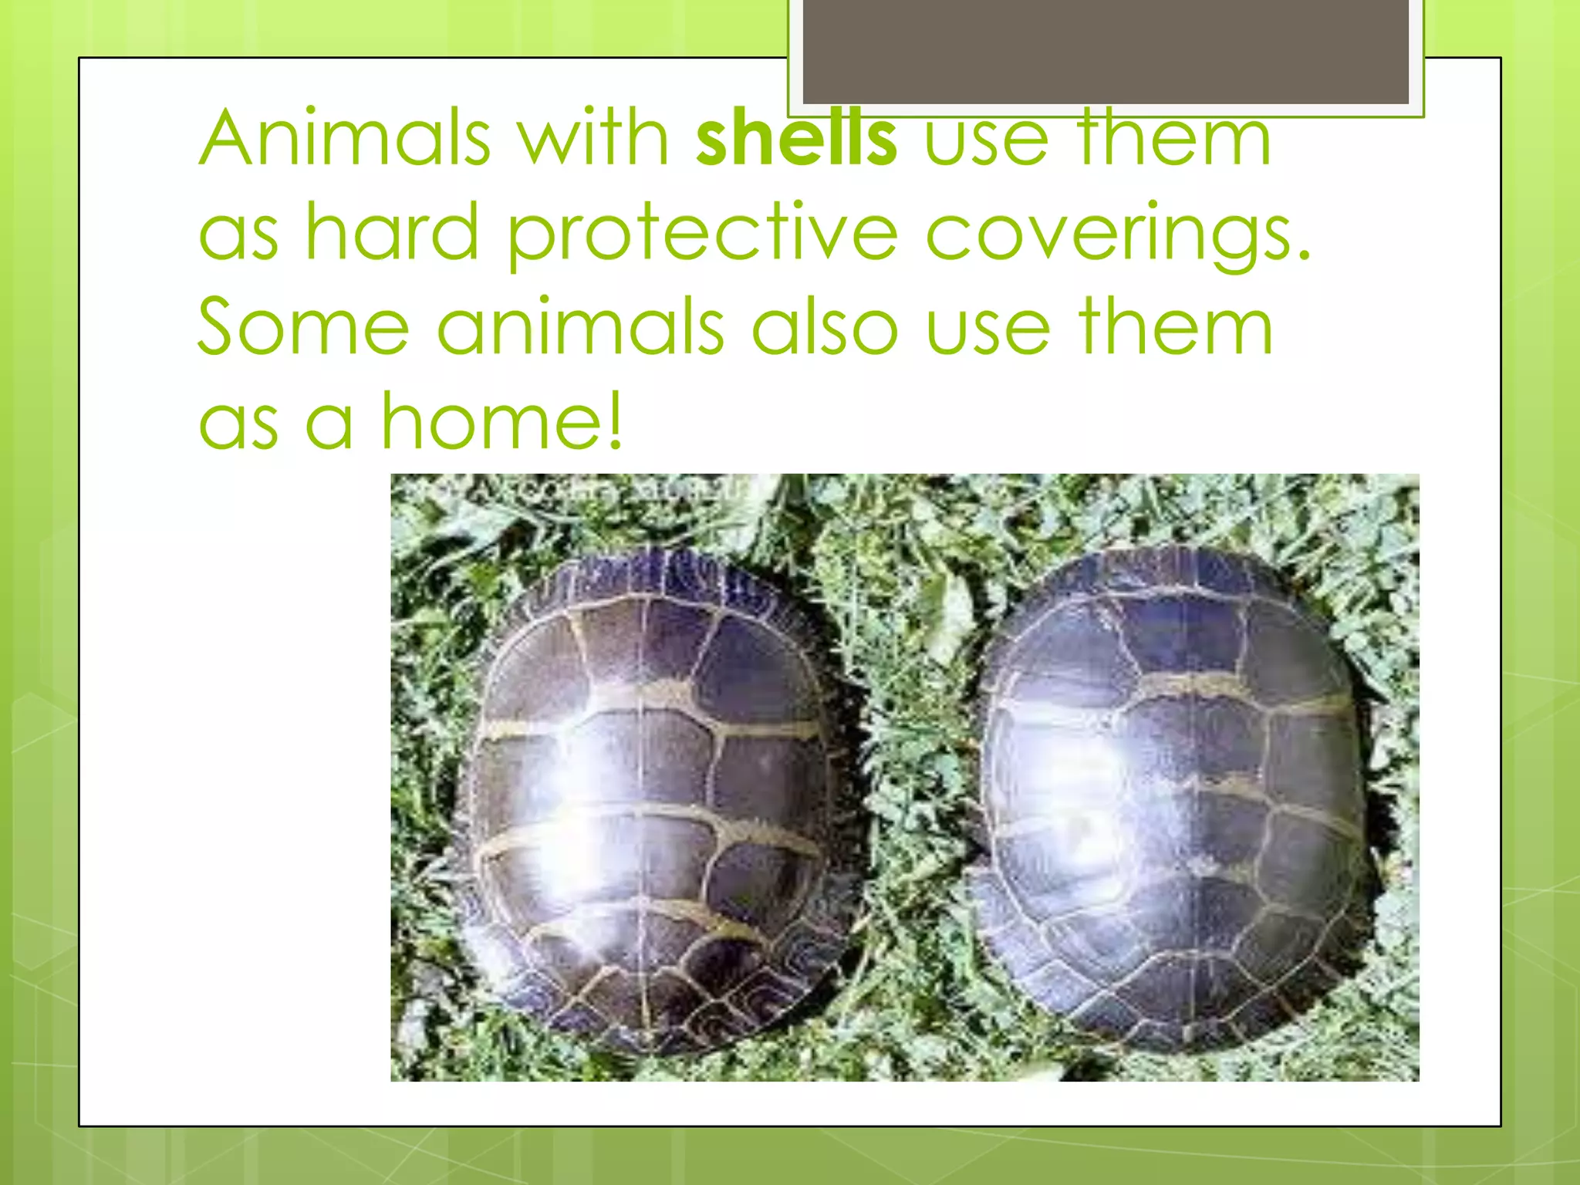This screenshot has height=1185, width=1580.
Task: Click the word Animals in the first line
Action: (345, 139)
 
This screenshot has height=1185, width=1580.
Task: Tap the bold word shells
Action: (796, 139)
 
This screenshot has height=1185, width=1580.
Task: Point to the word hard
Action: (392, 231)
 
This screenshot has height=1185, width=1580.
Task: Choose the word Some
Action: (303, 327)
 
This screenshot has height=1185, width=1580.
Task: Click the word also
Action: (825, 327)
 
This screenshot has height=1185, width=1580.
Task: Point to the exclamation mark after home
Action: (614, 421)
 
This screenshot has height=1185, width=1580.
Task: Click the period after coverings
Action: (1303, 255)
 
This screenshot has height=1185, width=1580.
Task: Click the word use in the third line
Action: (987, 327)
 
